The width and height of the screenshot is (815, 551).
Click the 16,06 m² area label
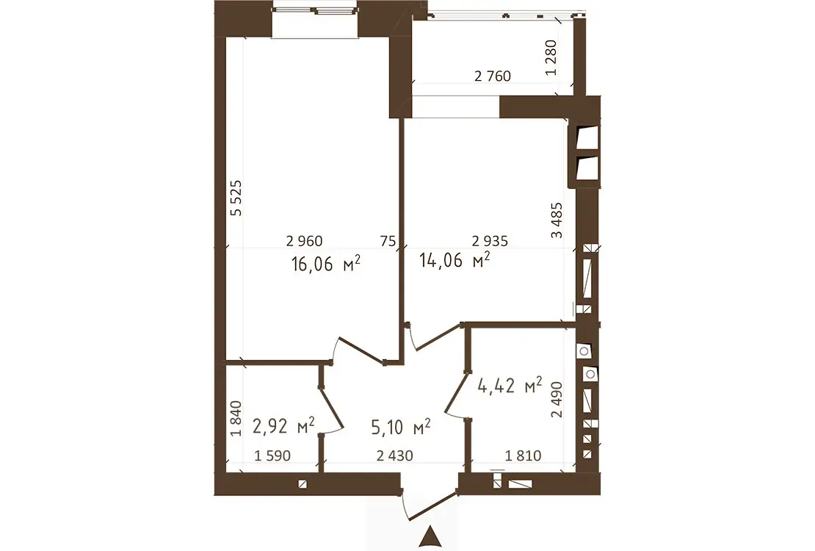click(x=326, y=263)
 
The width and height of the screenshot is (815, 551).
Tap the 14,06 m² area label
click(x=454, y=259)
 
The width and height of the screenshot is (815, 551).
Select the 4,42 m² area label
click(x=510, y=386)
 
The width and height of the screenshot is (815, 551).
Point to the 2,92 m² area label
click(x=283, y=425)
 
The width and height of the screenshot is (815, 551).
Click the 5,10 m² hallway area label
click(x=401, y=427)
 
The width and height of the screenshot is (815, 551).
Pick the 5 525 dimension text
click(x=236, y=198)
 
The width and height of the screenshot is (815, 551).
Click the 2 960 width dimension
click(x=305, y=241)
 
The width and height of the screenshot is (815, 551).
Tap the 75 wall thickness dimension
click(x=388, y=241)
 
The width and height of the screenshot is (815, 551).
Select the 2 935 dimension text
click(x=490, y=241)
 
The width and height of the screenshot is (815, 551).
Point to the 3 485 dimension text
click(x=556, y=220)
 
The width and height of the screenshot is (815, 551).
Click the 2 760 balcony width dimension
click(x=493, y=76)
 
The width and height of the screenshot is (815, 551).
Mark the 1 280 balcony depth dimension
click(x=551, y=58)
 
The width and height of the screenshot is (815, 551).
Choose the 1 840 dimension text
click(x=236, y=418)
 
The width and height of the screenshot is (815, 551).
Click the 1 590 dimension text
click(x=272, y=455)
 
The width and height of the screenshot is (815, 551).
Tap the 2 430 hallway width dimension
click(x=395, y=455)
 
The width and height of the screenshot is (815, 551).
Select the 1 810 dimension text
click(x=524, y=455)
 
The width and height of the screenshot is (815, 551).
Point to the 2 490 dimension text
click(x=557, y=400)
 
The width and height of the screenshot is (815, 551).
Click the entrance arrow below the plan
click(x=430, y=537)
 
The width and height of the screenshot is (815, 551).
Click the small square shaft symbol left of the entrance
click(x=303, y=484)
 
